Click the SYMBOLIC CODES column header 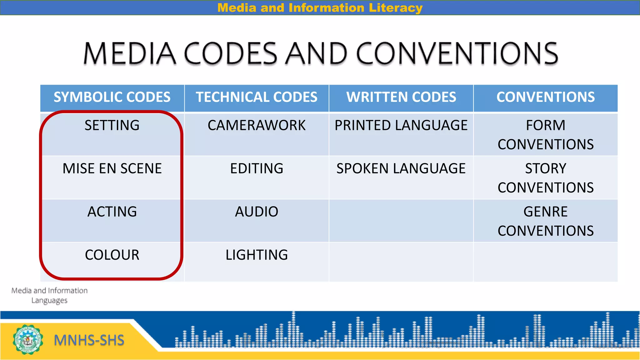tap(112, 97)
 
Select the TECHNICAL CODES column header tap(257, 97)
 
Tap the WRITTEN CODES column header tap(401, 97)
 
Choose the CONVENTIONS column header tap(546, 97)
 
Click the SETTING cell tap(112, 126)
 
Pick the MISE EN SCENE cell tap(112, 169)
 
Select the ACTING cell tap(112, 212)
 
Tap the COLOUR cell tap(112, 255)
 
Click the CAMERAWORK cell tap(257, 126)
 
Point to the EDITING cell tap(257, 169)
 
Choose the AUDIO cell tap(257, 212)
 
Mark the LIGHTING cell tap(257, 255)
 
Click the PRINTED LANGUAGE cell tap(401, 126)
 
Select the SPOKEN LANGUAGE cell tap(401, 169)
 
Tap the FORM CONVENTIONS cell tap(546, 135)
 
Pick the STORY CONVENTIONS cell tap(546, 178)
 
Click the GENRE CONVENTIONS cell tap(546, 221)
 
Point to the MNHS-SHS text tap(89, 340)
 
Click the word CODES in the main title tap(231, 53)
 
